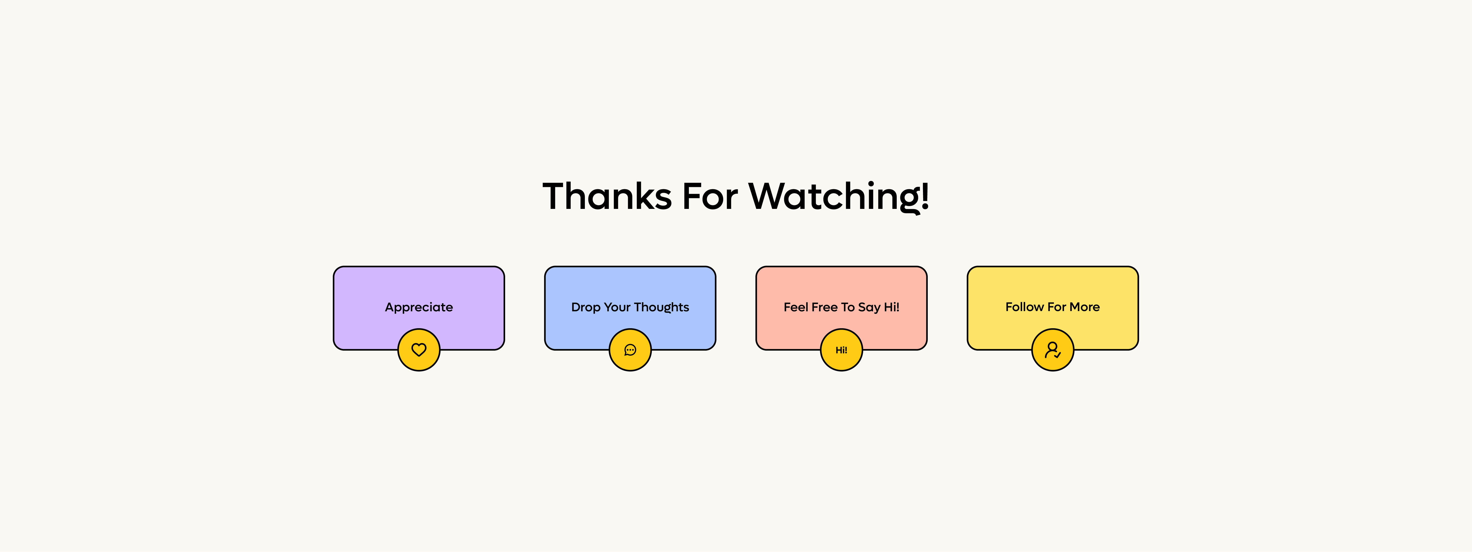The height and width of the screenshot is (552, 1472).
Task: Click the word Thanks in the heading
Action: click(x=607, y=196)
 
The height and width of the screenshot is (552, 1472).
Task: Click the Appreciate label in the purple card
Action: click(x=419, y=308)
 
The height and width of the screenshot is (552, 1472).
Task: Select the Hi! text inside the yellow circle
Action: click(x=841, y=350)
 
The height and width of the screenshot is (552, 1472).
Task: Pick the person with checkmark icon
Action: click(x=1053, y=350)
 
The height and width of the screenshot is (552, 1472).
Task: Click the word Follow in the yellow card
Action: click(x=1025, y=307)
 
